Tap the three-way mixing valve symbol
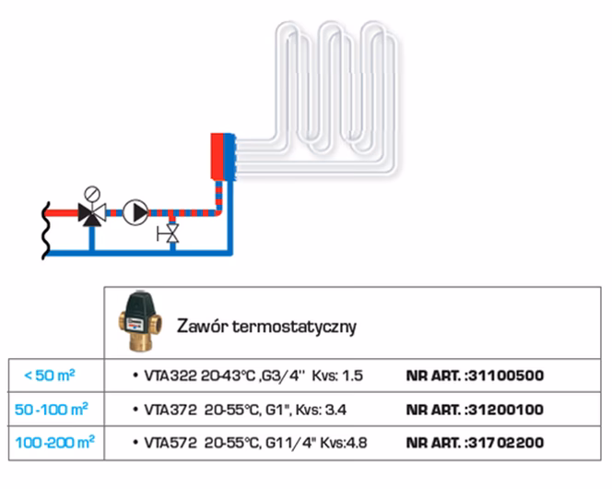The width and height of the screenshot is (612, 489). pyautogui.click(x=91, y=214)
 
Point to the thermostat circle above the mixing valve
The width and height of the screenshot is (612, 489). pyautogui.click(x=91, y=193)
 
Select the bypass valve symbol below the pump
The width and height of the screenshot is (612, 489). pyautogui.click(x=171, y=233)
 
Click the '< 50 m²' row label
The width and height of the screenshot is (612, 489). pyautogui.click(x=51, y=376)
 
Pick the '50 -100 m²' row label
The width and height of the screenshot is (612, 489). pyautogui.click(x=52, y=408)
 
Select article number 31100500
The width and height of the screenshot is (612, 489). pyautogui.click(x=506, y=376)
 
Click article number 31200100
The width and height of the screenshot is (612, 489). pyautogui.click(x=506, y=409)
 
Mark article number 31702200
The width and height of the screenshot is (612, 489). pyautogui.click(x=506, y=442)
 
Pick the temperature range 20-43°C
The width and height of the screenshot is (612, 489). pyautogui.click(x=217, y=376)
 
